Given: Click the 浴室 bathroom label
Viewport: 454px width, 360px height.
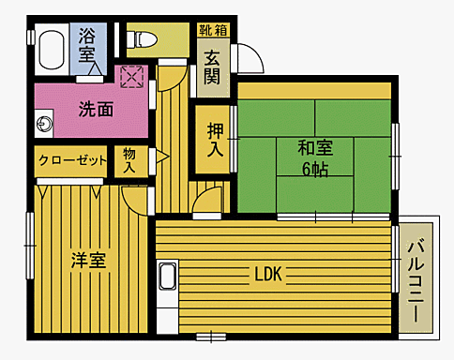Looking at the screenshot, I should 87,47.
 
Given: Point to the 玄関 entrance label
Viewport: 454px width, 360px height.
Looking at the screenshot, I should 212,66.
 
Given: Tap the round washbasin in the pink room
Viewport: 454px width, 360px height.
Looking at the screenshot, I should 43,124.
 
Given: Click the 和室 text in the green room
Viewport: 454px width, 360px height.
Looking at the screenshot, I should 314,148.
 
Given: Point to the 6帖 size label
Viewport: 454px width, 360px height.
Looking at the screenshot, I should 314,170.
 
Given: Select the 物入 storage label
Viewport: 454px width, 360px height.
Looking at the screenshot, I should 129,160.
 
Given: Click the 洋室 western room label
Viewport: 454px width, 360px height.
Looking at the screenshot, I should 88,261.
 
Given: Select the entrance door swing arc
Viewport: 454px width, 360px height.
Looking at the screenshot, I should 248,58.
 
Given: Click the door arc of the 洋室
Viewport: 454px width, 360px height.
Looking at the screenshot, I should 134,197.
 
